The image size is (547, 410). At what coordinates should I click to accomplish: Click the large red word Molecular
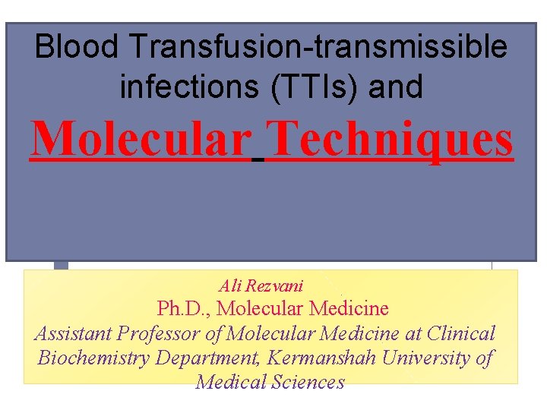(141, 138)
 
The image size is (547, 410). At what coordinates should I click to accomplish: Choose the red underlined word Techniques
(390, 138)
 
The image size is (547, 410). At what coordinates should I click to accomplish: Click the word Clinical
(461, 333)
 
